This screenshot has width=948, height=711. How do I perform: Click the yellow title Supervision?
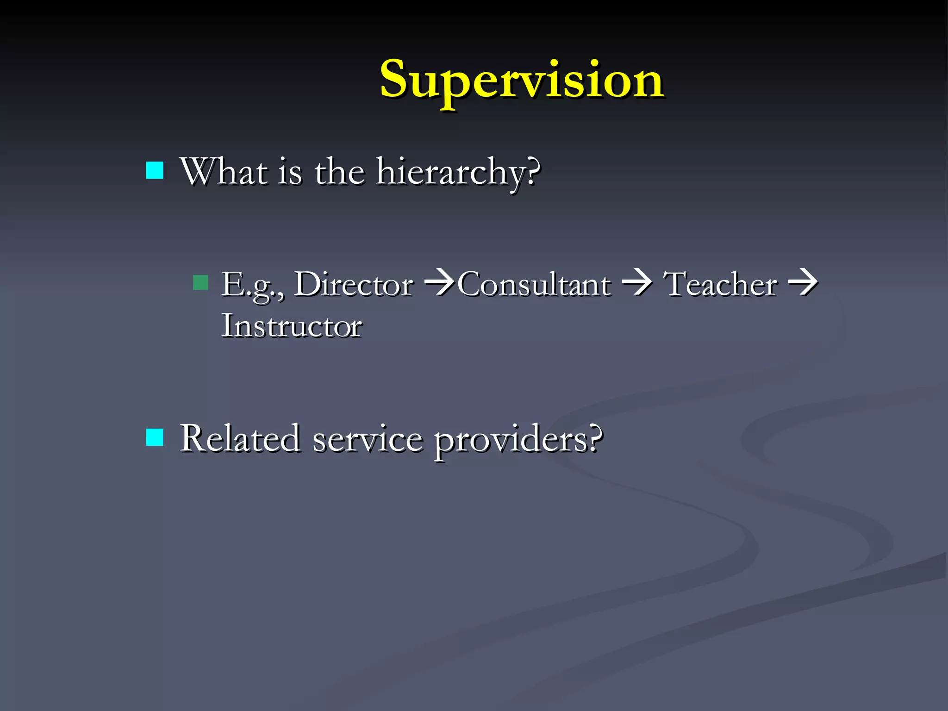pos(522,81)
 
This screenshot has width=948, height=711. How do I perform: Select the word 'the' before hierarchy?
pos(339,172)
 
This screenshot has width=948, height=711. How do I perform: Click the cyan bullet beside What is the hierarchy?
pos(155,170)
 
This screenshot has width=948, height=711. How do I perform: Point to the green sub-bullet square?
pos(200,283)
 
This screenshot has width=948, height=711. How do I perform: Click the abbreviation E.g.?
pos(252,285)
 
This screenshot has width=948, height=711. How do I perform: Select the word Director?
pos(354,284)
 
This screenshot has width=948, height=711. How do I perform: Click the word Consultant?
pos(534,284)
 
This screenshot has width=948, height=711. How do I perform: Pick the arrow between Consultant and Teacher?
pos(637,282)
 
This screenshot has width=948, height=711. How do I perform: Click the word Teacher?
pos(720,284)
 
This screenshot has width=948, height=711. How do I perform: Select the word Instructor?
pos(292,326)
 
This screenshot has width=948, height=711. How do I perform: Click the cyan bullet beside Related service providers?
pos(155,437)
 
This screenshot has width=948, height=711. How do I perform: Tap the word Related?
pos(239,438)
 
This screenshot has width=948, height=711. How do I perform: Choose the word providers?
pos(518,440)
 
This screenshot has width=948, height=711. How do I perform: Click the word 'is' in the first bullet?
pos(290,172)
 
